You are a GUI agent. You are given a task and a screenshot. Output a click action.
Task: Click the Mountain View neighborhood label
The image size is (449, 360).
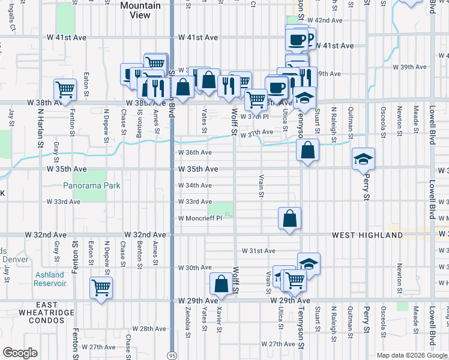140,11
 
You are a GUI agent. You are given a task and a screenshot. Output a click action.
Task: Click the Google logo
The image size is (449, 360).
20,353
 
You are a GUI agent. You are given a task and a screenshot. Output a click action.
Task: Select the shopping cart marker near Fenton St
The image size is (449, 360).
65,89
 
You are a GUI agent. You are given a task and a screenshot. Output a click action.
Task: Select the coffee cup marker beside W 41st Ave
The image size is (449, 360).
297,40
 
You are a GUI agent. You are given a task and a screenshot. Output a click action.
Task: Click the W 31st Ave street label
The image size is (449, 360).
258,250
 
